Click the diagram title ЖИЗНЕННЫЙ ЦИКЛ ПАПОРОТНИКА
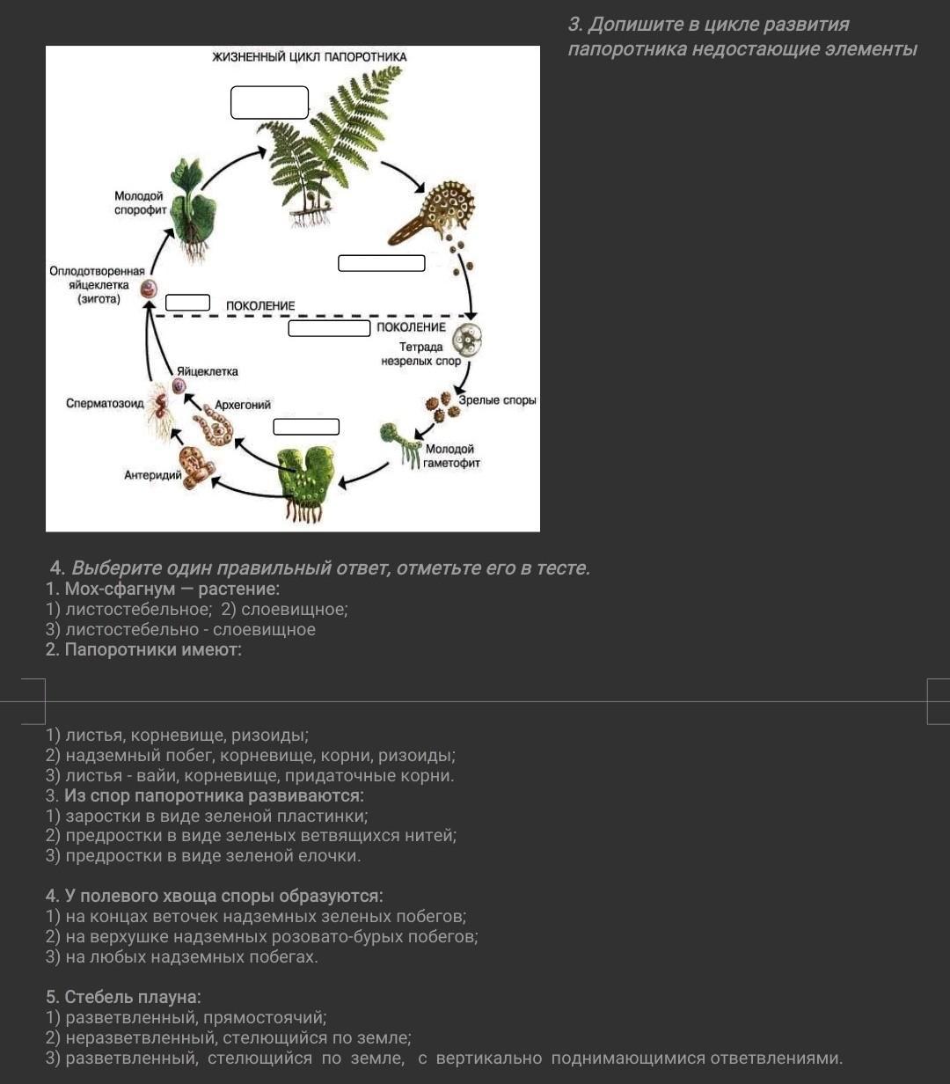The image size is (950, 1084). [x=309, y=57]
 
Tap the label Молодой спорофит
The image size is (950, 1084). [x=139, y=203]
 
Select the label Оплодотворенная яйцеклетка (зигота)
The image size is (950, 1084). [x=97, y=285]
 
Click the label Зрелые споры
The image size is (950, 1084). [x=497, y=400]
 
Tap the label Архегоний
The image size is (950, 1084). [x=243, y=405]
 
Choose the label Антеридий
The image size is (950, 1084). [x=152, y=475]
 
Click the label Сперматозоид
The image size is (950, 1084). [x=105, y=403]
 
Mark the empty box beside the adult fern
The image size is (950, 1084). [x=269, y=102]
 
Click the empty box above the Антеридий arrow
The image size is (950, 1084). [x=306, y=427]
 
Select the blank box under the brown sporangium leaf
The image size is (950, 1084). [x=381, y=263]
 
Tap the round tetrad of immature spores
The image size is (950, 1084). [x=468, y=338]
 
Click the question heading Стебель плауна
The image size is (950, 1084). [x=123, y=997]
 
